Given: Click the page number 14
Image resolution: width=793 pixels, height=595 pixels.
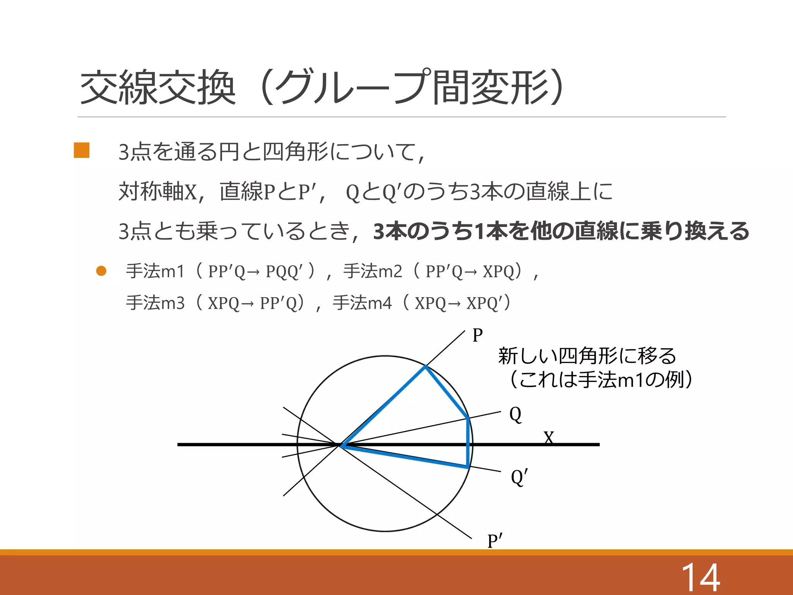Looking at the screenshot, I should (x=700, y=577).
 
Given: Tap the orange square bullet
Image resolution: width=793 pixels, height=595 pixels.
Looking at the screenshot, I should (x=82, y=150).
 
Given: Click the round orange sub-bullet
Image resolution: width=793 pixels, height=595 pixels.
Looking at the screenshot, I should (x=101, y=271).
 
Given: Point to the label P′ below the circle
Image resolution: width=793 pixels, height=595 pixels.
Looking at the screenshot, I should (x=494, y=541).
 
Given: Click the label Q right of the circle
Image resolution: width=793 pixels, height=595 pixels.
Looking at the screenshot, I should (x=515, y=414).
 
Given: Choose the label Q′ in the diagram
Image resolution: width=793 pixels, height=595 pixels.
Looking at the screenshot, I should (x=519, y=477).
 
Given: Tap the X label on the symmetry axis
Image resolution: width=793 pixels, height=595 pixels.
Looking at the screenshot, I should (x=549, y=438).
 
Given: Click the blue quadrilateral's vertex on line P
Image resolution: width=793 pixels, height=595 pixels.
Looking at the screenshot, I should (x=425, y=366).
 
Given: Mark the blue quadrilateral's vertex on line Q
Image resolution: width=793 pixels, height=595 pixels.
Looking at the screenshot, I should (x=469, y=418).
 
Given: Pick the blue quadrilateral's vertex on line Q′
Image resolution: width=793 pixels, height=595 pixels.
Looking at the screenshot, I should (x=468, y=467).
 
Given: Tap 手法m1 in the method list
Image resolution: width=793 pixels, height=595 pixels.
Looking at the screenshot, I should (x=155, y=271).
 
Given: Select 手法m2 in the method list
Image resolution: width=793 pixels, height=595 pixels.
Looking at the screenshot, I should (x=372, y=271).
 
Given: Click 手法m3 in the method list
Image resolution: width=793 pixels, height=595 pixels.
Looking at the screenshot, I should (x=155, y=303).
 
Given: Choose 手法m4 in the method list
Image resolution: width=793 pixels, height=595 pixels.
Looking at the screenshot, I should (x=362, y=303).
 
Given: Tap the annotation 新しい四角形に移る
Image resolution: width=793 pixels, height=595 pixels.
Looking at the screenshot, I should (x=587, y=356).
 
